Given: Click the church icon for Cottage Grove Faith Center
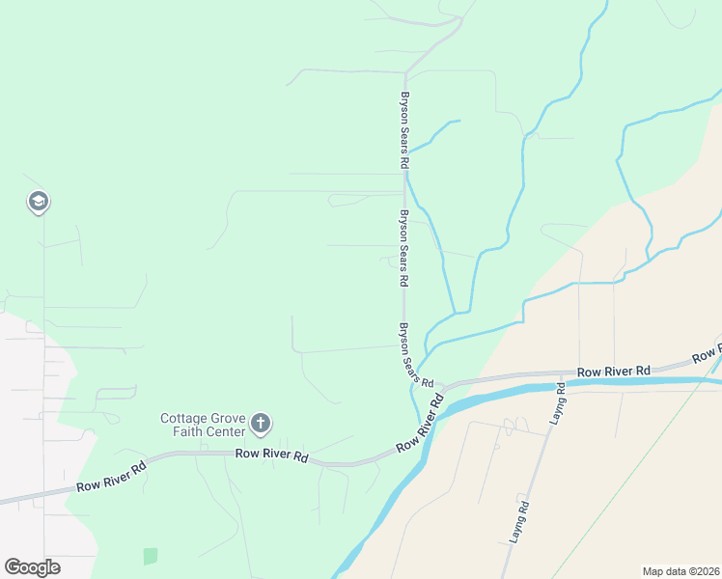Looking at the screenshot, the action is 260,423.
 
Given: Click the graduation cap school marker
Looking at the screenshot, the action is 39,202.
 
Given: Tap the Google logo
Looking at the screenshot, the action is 32,566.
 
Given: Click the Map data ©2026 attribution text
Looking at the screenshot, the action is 679,570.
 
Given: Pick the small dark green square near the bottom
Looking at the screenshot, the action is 150,556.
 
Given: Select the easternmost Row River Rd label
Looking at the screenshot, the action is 614,371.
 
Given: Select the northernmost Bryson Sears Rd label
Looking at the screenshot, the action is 404,131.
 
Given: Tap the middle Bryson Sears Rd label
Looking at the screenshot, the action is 404,249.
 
